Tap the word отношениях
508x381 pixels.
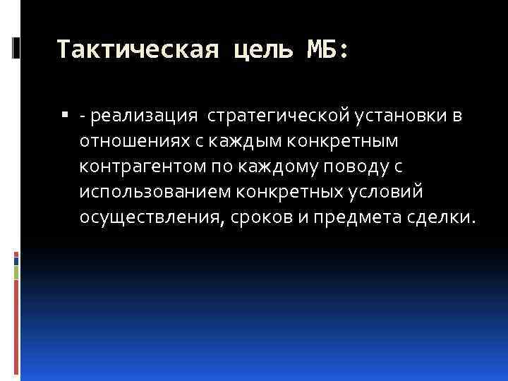(132, 141)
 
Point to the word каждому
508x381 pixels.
(258, 167)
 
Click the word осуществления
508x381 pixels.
(150, 217)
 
